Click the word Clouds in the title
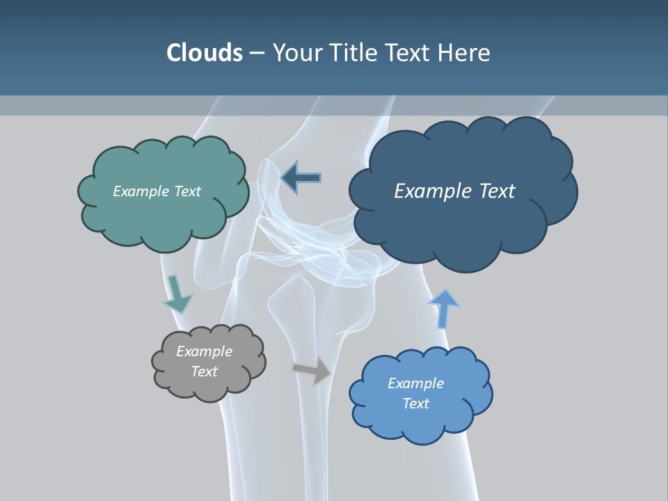205,53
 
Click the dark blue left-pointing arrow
301,177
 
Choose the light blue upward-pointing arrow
443,308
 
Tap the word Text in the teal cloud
187,191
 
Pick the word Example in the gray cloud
205,351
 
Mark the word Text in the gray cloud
205,372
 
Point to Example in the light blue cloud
416,383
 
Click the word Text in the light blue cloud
416,404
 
